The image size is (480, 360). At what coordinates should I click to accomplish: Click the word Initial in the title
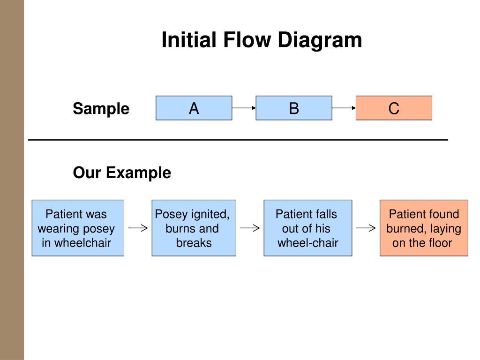(x=189, y=40)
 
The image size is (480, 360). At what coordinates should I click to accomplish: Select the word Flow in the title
(x=247, y=40)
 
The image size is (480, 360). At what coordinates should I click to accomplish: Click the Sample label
(x=101, y=109)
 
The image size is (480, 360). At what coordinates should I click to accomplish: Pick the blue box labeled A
(x=194, y=108)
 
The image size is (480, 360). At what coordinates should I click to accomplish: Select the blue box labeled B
(x=294, y=108)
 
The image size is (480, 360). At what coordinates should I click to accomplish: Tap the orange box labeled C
(x=394, y=108)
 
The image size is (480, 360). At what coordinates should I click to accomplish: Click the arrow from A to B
(x=244, y=108)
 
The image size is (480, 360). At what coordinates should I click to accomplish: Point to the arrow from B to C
(x=344, y=108)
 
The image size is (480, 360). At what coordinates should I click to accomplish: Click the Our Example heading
(x=122, y=172)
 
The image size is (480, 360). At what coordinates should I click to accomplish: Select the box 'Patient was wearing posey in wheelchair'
(x=78, y=228)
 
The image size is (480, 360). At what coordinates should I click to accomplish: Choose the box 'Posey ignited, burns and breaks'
(x=194, y=228)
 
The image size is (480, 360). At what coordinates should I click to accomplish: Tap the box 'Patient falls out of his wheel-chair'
(x=308, y=228)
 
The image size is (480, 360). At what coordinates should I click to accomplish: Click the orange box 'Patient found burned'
(x=424, y=228)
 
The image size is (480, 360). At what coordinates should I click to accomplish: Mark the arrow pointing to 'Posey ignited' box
(x=138, y=228)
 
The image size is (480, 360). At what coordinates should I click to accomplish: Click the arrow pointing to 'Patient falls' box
(x=250, y=228)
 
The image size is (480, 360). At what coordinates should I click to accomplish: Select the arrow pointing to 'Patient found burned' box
(x=366, y=228)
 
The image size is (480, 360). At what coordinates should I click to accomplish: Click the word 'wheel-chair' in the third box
(x=308, y=243)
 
